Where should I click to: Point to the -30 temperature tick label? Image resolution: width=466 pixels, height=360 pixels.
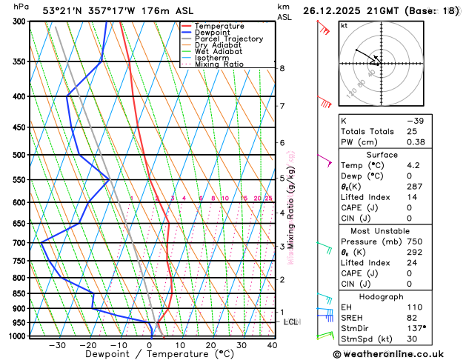point(57,345)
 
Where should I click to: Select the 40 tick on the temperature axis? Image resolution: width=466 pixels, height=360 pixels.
point(272,345)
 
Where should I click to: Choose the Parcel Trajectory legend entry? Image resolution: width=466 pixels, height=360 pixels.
point(228,39)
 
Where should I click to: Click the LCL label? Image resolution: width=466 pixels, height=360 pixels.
point(290,321)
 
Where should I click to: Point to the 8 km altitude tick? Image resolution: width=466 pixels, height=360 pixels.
point(282,68)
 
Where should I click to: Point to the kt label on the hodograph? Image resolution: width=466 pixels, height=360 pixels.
point(344,25)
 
